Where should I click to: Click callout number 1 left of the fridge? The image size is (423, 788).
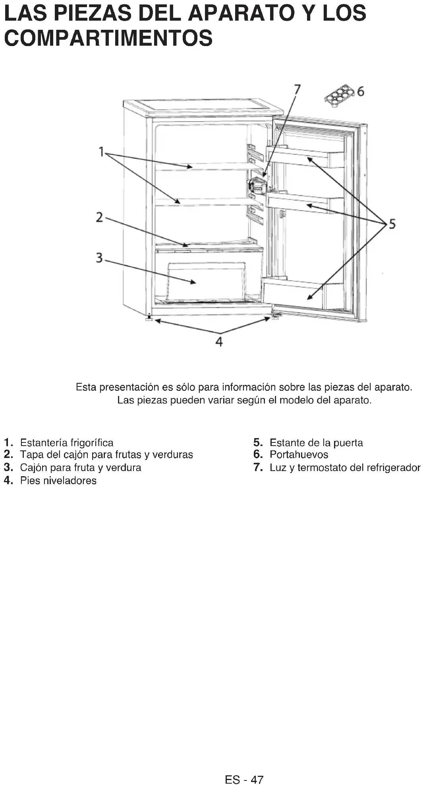[x=102, y=151]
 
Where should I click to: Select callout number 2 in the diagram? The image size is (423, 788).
[x=99, y=217]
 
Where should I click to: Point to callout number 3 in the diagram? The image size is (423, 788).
[x=99, y=258]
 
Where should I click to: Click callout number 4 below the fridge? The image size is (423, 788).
[x=219, y=341]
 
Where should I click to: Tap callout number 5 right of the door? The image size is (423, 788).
[x=392, y=224]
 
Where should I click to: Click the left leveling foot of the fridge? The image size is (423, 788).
[x=149, y=318]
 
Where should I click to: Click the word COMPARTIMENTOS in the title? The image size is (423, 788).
[x=108, y=38]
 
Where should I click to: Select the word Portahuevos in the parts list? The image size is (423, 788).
[x=299, y=455]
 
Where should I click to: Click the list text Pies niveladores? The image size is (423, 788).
[x=58, y=481]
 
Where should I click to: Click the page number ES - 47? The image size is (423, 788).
[x=244, y=780]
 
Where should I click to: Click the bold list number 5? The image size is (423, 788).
[x=258, y=442]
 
